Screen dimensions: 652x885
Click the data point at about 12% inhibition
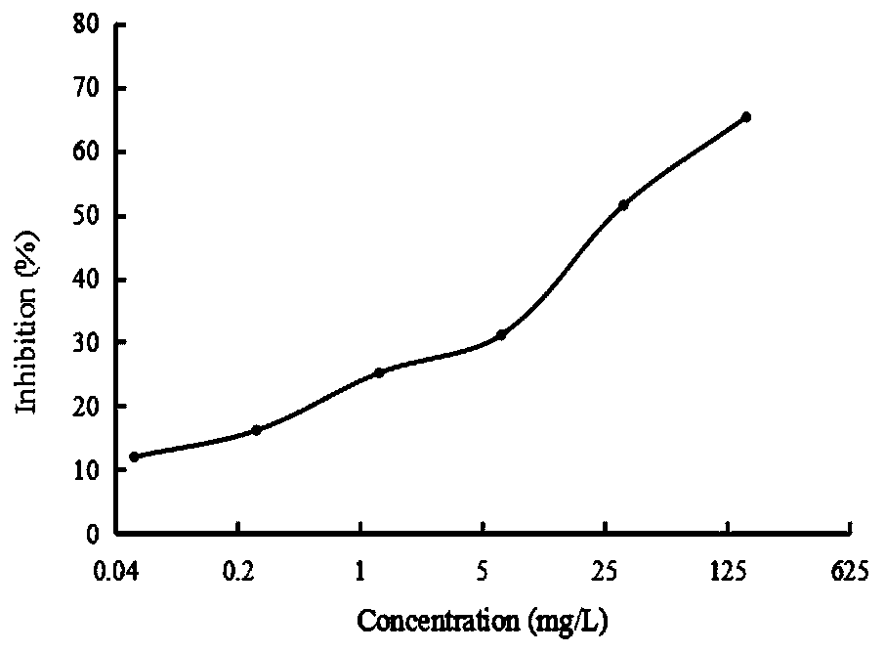[x=134, y=456]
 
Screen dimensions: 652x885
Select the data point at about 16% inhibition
[x=256, y=430]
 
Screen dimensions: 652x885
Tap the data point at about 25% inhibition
[x=379, y=372]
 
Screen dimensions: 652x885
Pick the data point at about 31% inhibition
[x=501, y=334]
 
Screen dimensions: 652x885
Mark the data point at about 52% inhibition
[x=623, y=205]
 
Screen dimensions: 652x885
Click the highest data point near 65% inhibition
[x=746, y=117]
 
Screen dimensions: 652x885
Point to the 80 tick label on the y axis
[x=86, y=24]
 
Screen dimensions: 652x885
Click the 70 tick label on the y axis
[x=86, y=88]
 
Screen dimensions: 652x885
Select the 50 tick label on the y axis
[x=86, y=215]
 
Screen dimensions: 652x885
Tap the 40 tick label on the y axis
[x=86, y=279]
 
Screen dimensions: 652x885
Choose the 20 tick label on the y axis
[x=86, y=406]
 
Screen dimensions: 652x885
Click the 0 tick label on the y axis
[x=94, y=534]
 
